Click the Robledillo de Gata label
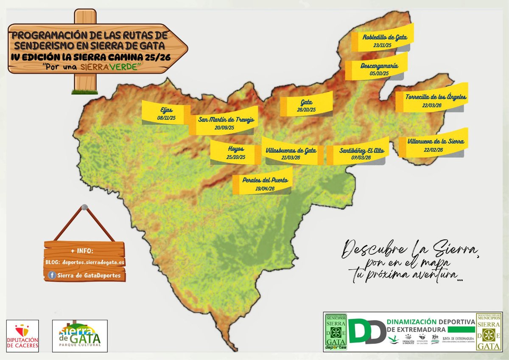coord(385,37)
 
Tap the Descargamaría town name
coord(379,66)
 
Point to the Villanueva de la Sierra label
coord(436,141)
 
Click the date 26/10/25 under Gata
coord(306,110)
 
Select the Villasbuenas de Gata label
coord(291,150)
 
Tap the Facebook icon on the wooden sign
coord(52,276)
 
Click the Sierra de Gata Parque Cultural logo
coord(80,335)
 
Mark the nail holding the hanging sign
coord(84,207)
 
